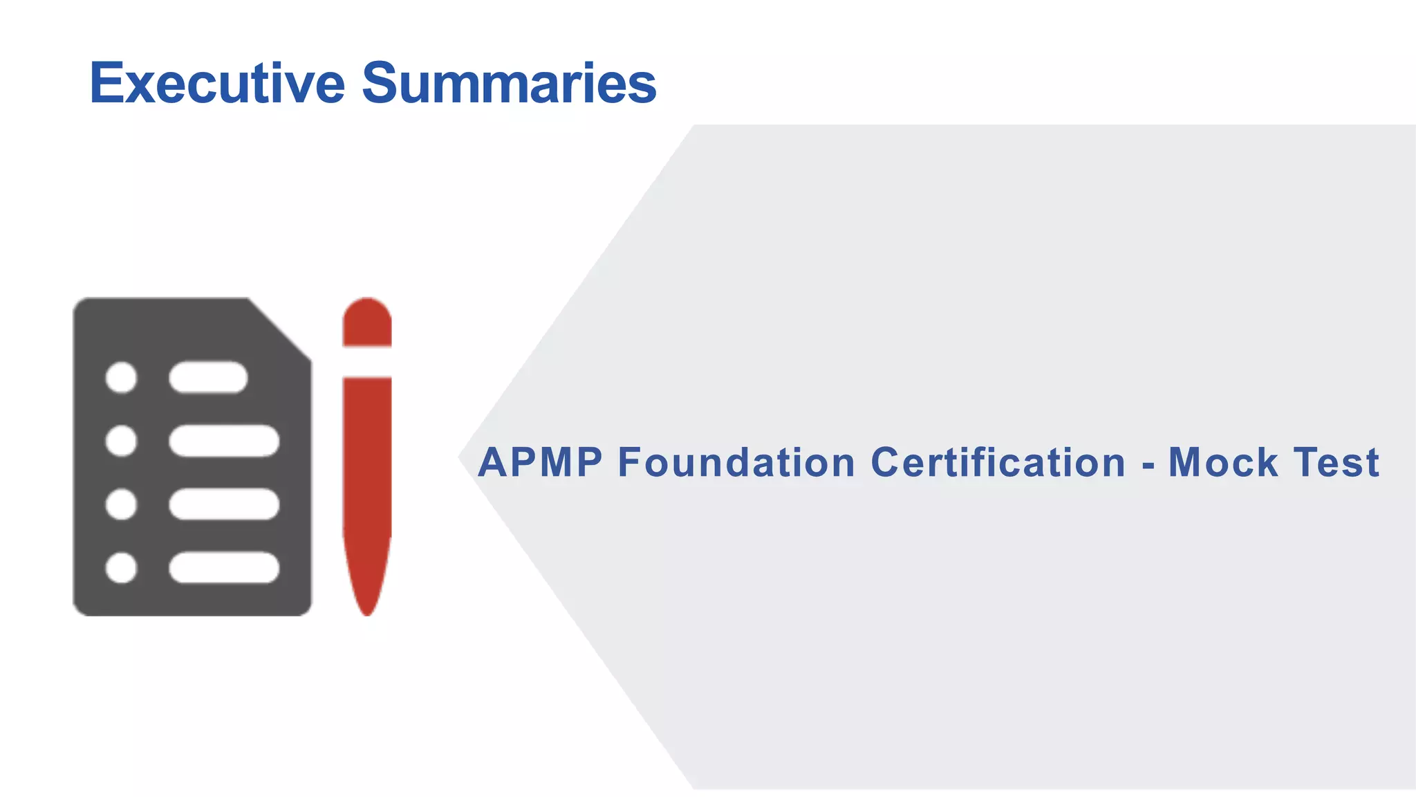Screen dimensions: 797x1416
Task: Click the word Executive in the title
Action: [x=217, y=83]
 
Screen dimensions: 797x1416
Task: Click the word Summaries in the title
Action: [x=509, y=83]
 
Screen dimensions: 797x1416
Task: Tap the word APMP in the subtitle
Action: [x=540, y=462]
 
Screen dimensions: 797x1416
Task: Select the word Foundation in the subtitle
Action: [x=736, y=462]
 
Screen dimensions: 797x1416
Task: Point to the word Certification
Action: [x=998, y=462]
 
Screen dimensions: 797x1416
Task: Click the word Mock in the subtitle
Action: [x=1222, y=462]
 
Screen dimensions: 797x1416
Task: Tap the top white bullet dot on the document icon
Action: [x=121, y=378]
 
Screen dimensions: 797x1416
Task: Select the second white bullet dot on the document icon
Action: [x=121, y=441]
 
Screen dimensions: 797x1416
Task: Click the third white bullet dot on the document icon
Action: [x=121, y=504]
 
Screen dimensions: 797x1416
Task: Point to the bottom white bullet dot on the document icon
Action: [x=121, y=567]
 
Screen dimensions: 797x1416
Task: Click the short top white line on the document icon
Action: [x=208, y=378]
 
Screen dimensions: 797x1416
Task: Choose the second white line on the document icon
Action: [x=224, y=441]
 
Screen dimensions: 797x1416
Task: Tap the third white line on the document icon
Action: [x=224, y=504]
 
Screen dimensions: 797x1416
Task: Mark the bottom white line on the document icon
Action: [x=224, y=567]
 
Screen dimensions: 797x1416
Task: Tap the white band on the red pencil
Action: [x=367, y=361]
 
